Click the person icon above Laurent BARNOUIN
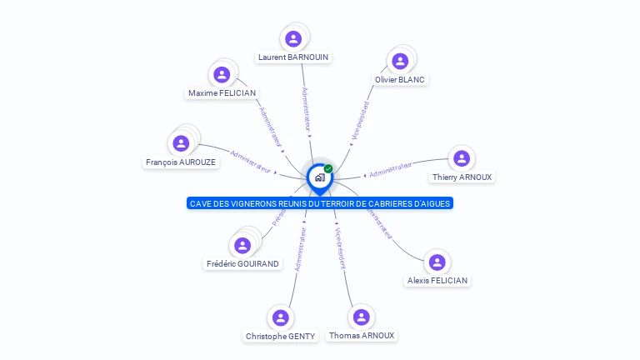pyautogui.click(x=293, y=38)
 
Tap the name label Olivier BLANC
pyautogui.click(x=400, y=80)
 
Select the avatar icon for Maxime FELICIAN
pyautogui.click(x=222, y=74)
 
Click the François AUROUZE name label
pyautogui.click(x=181, y=162)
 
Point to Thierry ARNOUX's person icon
pyautogui.click(x=462, y=158)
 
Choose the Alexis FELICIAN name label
pyautogui.click(x=437, y=281)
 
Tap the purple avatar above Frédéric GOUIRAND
pyautogui.click(x=242, y=245)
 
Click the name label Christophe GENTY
pyautogui.click(x=280, y=337)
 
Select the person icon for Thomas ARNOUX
pyautogui.click(x=361, y=317)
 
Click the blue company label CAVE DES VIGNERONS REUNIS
pyautogui.click(x=320, y=203)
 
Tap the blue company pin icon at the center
pyautogui.click(x=319, y=177)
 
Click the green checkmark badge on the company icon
pyautogui.click(x=328, y=168)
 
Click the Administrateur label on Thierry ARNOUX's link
pyautogui.click(x=391, y=170)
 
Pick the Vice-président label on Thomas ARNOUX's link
pyautogui.click(x=340, y=247)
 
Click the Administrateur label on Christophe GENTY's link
pyautogui.click(x=300, y=251)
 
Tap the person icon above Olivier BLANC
pyautogui.click(x=400, y=61)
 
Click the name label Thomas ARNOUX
pyautogui.click(x=362, y=336)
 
